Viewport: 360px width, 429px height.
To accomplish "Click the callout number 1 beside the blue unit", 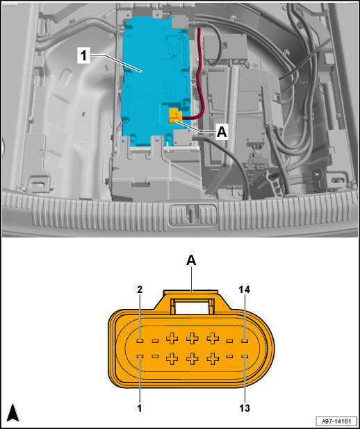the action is click(x=83, y=56).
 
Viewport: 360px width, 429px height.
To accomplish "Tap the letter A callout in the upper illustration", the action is click(x=222, y=133).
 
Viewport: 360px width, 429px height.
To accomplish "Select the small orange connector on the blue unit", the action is click(x=175, y=115).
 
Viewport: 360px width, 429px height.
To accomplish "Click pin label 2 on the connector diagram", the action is click(x=140, y=289).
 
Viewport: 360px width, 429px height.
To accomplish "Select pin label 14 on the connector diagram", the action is click(x=245, y=289).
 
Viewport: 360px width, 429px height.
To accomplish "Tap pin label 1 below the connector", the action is click(x=140, y=408).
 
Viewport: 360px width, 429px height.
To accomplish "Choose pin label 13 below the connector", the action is click(x=245, y=408).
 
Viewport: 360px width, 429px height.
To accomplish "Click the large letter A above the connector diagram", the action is click(x=191, y=261).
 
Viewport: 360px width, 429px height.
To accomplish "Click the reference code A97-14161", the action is click(x=336, y=421).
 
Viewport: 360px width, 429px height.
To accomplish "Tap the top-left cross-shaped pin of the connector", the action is click(x=172, y=339).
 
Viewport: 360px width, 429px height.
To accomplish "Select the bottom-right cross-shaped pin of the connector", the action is click(x=213, y=358).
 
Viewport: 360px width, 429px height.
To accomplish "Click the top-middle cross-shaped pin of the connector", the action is click(x=193, y=339).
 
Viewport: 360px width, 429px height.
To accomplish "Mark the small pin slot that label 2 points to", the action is click(x=140, y=341).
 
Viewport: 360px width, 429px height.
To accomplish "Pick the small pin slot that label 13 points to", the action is click(x=245, y=356).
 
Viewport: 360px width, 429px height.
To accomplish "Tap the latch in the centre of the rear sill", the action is click(x=192, y=214).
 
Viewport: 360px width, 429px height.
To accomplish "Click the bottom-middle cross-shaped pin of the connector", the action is click(x=193, y=358).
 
